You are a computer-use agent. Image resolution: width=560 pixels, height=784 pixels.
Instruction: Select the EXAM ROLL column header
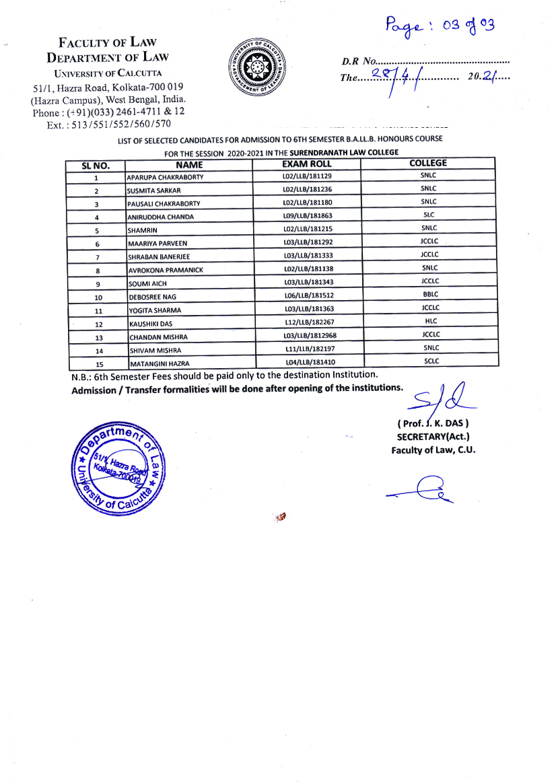pos(306,164)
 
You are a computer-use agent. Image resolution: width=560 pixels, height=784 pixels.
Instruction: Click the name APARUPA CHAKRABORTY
pos(166,177)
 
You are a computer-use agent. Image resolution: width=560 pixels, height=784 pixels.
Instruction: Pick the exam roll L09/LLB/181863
pos(308,216)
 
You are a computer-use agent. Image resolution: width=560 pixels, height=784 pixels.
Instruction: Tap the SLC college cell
pos(428,215)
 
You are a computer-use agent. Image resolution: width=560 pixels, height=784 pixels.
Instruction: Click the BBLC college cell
pos(429,295)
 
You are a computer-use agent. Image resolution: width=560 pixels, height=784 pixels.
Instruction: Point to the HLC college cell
pos(431,322)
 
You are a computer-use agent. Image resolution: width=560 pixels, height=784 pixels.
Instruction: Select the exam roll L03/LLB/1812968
pos(310,335)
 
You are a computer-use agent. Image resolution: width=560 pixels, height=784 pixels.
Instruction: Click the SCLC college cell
pos(431,361)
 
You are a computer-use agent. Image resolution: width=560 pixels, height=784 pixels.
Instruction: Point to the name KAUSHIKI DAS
pos(151,324)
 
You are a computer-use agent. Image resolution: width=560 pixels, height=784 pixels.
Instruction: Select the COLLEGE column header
pos(427,163)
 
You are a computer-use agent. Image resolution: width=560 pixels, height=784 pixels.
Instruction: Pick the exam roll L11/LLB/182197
pos(308,348)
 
